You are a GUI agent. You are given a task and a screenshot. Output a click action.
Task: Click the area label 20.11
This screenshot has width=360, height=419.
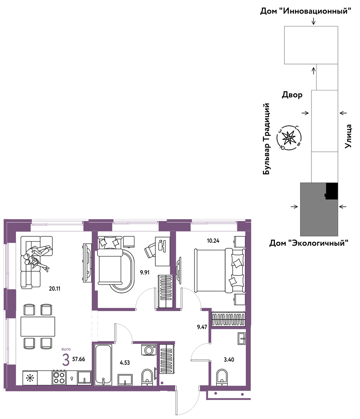(54, 289)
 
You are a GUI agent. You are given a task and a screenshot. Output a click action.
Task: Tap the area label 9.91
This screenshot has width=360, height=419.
(145, 273)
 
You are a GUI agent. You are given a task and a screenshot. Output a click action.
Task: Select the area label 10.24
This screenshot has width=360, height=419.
(213, 241)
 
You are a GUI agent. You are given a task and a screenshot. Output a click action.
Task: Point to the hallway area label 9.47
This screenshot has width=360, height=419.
(202, 327)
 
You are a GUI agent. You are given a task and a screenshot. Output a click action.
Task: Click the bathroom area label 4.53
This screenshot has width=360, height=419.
(125, 363)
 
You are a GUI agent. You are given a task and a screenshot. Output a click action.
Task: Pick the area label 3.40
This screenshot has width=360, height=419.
(229, 360)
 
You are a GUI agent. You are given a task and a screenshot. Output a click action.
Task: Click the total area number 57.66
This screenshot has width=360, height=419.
(78, 359)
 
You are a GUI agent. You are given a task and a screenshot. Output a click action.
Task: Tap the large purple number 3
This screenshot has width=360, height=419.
(66, 360)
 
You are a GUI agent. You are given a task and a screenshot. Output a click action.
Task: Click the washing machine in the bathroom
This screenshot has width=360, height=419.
(149, 350)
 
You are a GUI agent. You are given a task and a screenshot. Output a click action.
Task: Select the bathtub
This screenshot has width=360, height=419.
(103, 365)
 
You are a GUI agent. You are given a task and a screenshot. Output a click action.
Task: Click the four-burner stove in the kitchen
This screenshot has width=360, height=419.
(59, 377)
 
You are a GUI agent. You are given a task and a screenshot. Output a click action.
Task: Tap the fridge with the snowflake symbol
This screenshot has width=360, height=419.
(30, 378)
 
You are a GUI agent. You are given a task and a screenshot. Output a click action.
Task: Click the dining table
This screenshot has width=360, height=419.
(38, 327)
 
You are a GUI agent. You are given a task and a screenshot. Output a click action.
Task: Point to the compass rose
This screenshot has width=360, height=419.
(289, 138)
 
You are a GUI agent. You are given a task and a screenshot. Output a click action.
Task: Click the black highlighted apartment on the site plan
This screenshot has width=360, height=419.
(332, 191)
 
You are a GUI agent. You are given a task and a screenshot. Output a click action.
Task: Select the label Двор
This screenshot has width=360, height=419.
(292, 95)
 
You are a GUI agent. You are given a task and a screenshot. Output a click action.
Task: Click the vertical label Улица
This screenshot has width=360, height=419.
(348, 136)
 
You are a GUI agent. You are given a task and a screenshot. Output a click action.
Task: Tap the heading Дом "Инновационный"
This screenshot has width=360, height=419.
(306, 11)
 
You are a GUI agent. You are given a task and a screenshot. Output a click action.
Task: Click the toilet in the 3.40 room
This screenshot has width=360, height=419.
(222, 377)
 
